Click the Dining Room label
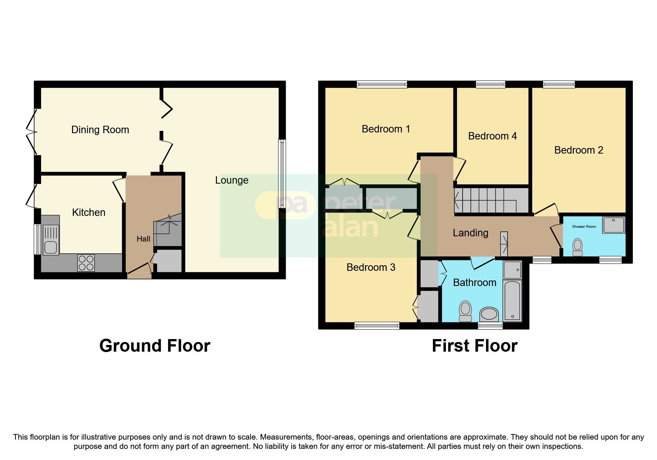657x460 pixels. pos(100,130)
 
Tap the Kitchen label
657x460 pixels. pos(89,213)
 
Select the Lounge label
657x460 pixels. pos(232,180)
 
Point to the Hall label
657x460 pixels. pos(143,239)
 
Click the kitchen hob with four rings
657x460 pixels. pos(86,263)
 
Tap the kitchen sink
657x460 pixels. pos(50,235)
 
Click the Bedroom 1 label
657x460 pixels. pos(386,129)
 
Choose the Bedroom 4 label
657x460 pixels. pos(492,136)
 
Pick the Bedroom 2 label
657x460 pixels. pos(579,150)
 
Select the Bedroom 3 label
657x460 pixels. pos(371,267)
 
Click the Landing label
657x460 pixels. pos(470,233)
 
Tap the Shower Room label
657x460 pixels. pos(584,227)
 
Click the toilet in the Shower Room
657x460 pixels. pos(578,247)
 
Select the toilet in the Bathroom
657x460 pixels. pos(465,311)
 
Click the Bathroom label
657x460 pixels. pos(475,283)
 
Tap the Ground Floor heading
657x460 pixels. pos(155,346)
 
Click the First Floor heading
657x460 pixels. pos(474,346)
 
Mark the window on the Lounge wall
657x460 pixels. pos(282,179)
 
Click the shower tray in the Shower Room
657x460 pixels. pos(614,225)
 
